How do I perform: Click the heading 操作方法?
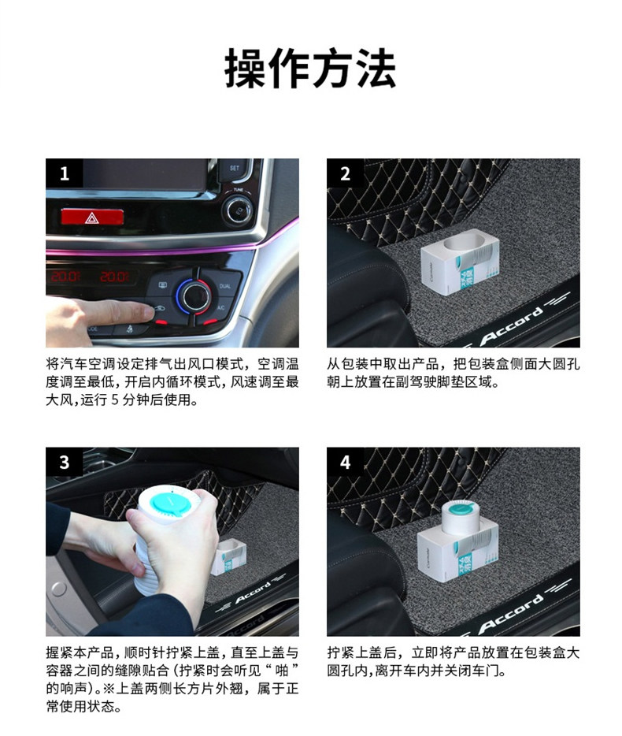click(x=310, y=69)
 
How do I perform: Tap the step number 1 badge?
click(x=65, y=173)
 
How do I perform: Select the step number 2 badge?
click(x=345, y=173)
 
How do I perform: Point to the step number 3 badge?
click(x=65, y=462)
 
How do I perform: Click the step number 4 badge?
click(x=345, y=462)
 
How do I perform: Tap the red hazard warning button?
click(x=92, y=217)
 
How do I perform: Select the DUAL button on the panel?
click(x=224, y=286)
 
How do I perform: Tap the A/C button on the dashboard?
click(x=221, y=308)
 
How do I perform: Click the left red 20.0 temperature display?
click(x=65, y=276)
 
